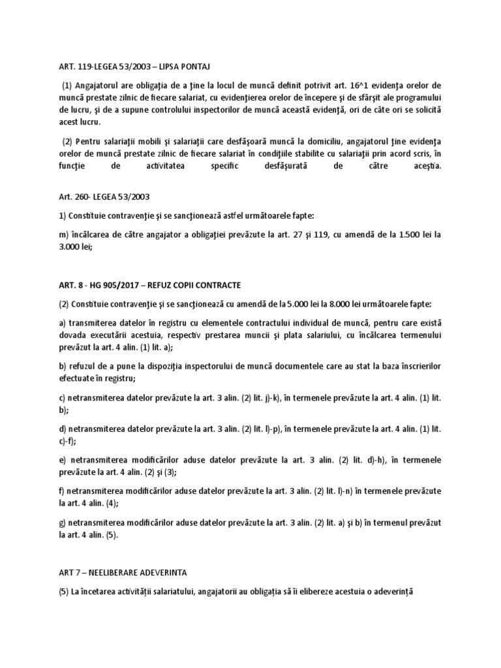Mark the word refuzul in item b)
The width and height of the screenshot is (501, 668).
click(85, 367)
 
